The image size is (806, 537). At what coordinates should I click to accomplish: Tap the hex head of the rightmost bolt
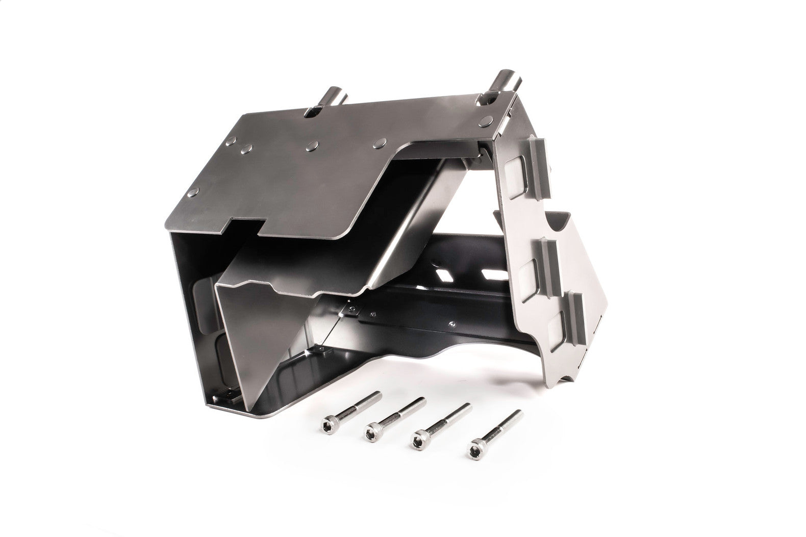(x=473, y=451)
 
